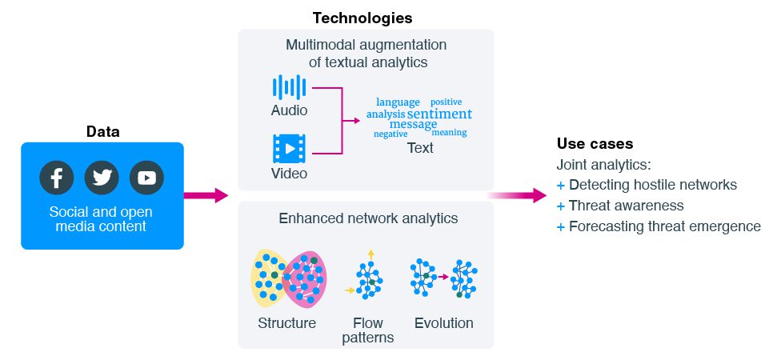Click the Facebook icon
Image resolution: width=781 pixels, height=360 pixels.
(57, 178)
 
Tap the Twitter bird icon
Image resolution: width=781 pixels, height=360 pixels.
(102, 178)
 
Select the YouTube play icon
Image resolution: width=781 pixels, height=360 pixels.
(146, 178)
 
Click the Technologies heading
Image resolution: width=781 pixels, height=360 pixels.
(362, 17)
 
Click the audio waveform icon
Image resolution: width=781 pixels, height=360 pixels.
(289, 87)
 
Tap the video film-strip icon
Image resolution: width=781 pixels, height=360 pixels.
(289, 149)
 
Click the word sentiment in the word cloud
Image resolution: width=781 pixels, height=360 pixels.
(439, 114)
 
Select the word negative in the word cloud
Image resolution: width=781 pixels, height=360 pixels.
(390, 134)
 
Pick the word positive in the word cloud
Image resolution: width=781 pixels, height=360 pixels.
(446, 102)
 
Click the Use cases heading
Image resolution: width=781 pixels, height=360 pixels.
(595, 144)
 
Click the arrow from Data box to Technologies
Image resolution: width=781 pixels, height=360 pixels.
(206, 195)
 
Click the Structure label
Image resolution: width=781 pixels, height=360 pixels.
(286, 323)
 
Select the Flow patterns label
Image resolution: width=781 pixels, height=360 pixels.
(368, 330)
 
